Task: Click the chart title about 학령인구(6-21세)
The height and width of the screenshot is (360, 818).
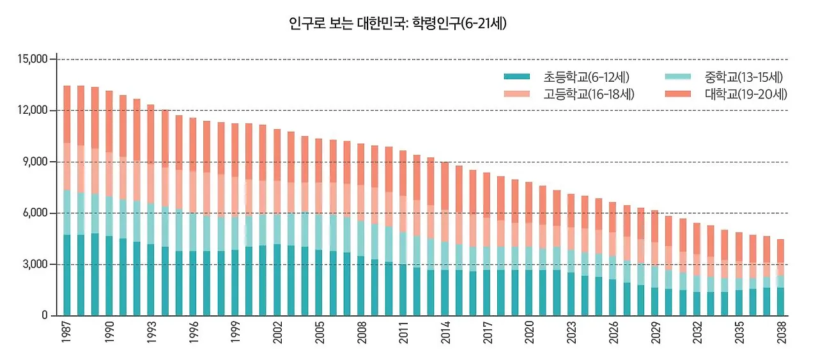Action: click(x=397, y=25)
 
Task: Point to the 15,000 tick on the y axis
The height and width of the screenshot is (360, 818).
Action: click(x=33, y=59)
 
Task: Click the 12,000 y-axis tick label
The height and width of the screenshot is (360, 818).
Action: click(x=33, y=111)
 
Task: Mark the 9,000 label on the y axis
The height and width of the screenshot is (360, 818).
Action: click(x=36, y=162)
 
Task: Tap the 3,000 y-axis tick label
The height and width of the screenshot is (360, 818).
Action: click(x=36, y=264)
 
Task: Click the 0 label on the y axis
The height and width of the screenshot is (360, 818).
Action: click(x=45, y=316)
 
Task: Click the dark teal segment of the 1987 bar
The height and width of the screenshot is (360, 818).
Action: click(x=67, y=275)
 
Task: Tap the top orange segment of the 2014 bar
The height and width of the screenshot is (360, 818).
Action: click(x=445, y=185)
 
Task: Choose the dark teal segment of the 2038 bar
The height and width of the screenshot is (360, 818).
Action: click(x=781, y=301)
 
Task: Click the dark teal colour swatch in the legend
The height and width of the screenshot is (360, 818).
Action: click(x=517, y=77)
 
